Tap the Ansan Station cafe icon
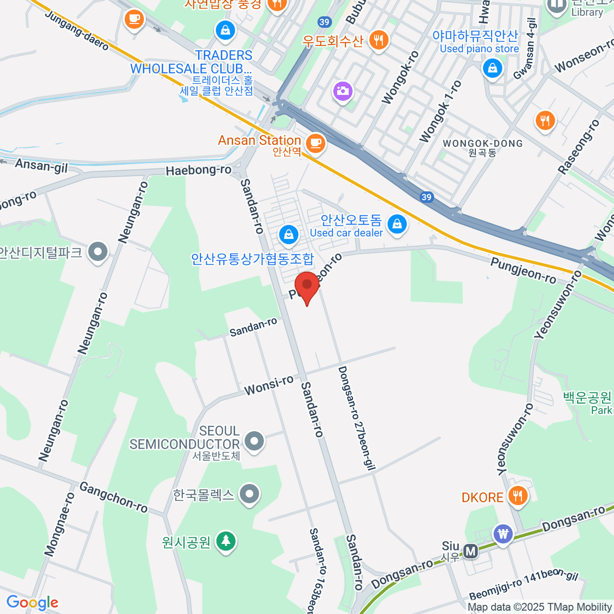pos(315,142)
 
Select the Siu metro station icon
pos(470,551)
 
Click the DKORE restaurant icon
pos(518,496)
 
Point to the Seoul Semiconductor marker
pos(253,441)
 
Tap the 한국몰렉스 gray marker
pos(250,494)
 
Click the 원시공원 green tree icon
pos(225,541)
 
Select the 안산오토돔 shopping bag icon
pos(397,224)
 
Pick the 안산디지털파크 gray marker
pos(97,251)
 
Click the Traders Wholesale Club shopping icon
pos(225,30)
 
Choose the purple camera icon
pos(342,92)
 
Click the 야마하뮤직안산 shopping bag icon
pos(492,68)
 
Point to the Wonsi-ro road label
pos(269,385)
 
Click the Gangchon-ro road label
pos(114,497)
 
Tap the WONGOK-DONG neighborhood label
pos(483,144)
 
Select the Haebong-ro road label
pos(199,170)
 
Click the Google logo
pos(32,602)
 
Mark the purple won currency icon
pos(503,534)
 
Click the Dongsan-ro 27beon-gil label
pos(357,418)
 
